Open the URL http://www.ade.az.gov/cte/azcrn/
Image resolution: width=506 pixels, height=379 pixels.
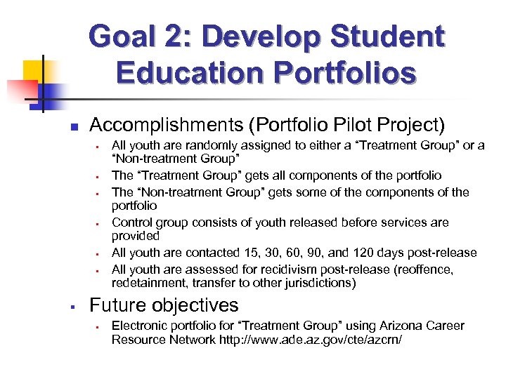pos(313,340)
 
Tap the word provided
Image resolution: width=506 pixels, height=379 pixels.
pos(135,237)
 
